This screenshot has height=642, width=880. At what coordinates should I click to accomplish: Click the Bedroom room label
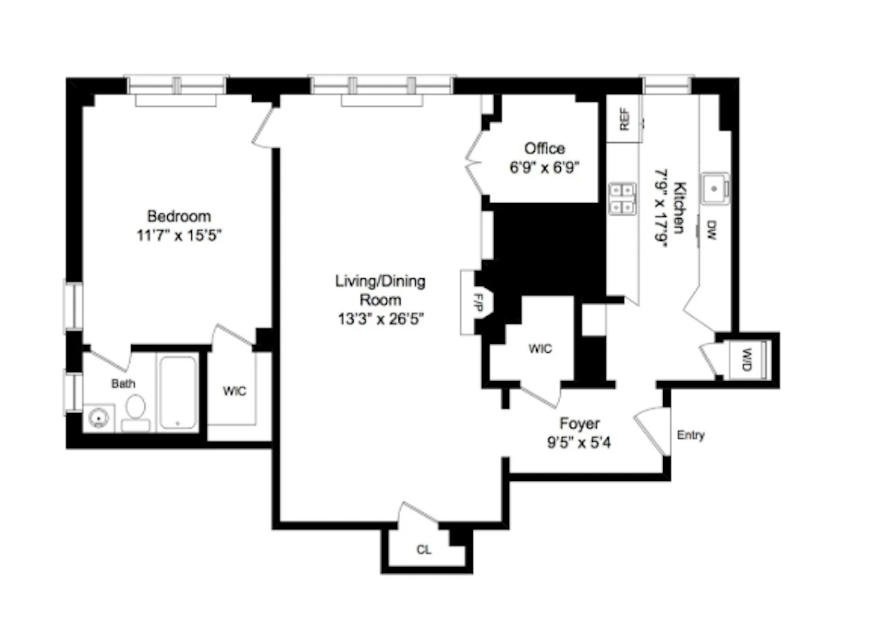coord(179,216)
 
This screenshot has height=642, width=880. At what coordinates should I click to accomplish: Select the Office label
coord(544,148)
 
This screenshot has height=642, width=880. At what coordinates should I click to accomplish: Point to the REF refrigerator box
coord(624,121)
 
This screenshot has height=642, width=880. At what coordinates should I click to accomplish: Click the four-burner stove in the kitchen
coord(622,199)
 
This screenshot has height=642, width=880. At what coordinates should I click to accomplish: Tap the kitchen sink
coord(716,188)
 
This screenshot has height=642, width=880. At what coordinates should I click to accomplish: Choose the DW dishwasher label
coord(712,233)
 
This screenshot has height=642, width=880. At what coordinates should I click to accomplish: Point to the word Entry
coord(691,436)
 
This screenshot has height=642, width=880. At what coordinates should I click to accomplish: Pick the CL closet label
coord(424,550)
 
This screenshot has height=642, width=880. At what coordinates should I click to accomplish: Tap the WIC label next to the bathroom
coord(234,391)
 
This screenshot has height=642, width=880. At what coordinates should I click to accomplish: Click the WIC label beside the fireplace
coord(540,349)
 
